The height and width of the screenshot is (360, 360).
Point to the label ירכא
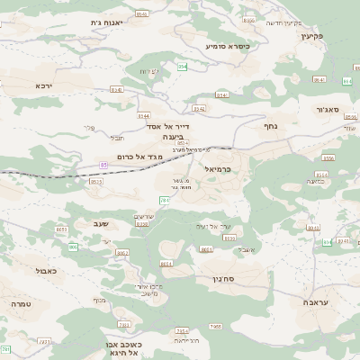point(44,85)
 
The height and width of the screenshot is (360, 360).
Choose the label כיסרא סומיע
point(227,45)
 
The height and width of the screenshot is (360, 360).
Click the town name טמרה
point(21,304)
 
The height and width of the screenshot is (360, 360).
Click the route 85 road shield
point(104,165)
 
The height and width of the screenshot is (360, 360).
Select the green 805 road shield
point(73,246)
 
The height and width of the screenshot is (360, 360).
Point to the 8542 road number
point(199,108)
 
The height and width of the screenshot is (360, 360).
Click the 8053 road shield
point(62,230)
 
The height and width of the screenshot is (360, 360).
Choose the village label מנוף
point(99,300)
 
